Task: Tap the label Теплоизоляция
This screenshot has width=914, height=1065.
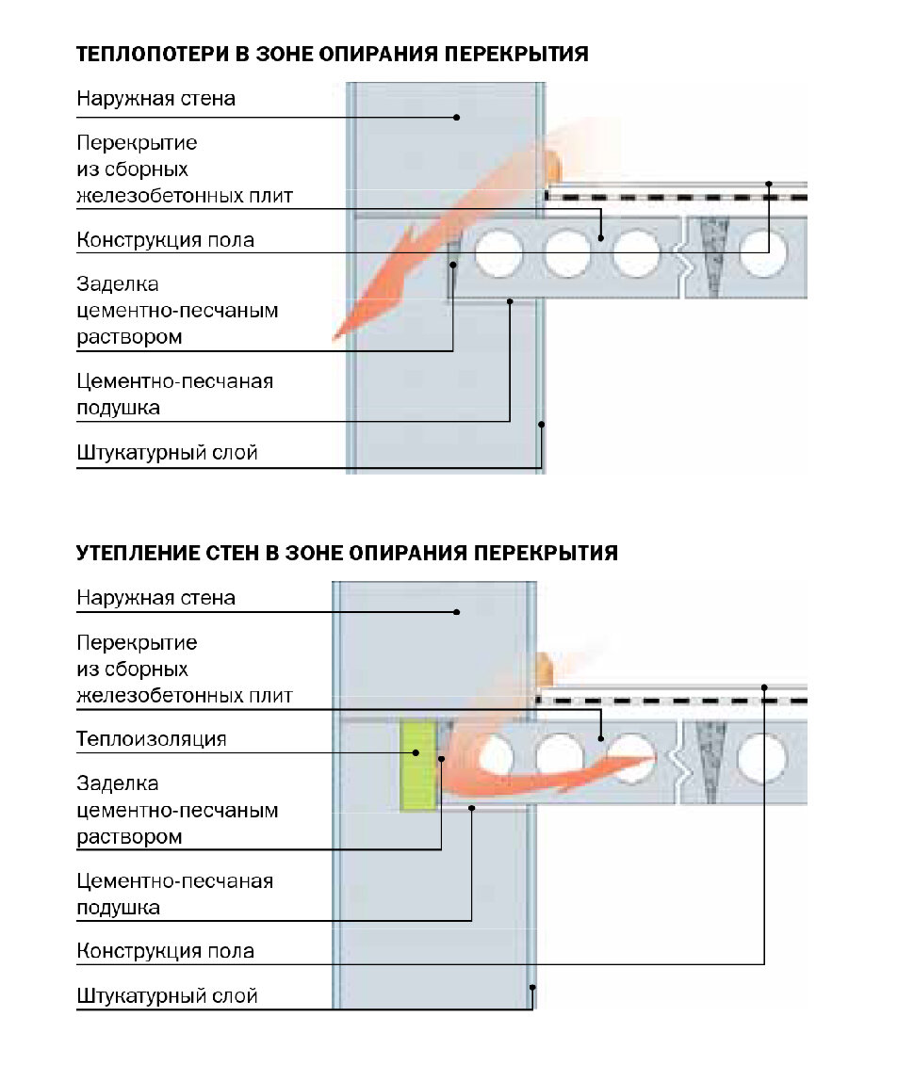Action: click(151, 739)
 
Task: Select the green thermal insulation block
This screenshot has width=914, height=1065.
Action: click(417, 766)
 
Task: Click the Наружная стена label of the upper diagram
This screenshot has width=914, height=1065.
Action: click(155, 99)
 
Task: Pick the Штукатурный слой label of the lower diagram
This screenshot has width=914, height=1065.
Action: click(167, 995)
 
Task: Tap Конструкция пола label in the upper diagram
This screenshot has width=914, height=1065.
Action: click(165, 240)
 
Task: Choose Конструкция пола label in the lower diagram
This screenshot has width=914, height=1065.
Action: click(165, 951)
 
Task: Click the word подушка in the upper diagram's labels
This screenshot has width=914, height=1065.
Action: click(118, 409)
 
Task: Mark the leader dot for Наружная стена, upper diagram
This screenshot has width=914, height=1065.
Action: click(457, 118)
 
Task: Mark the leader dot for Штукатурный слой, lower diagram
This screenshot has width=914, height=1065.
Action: click(532, 988)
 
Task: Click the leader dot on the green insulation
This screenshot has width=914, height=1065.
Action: click(416, 751)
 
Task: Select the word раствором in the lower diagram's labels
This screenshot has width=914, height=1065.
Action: click(129, 836)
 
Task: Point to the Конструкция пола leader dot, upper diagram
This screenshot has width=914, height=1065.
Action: click(769, 184)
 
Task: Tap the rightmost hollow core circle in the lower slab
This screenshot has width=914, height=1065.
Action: click(761, 756)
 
